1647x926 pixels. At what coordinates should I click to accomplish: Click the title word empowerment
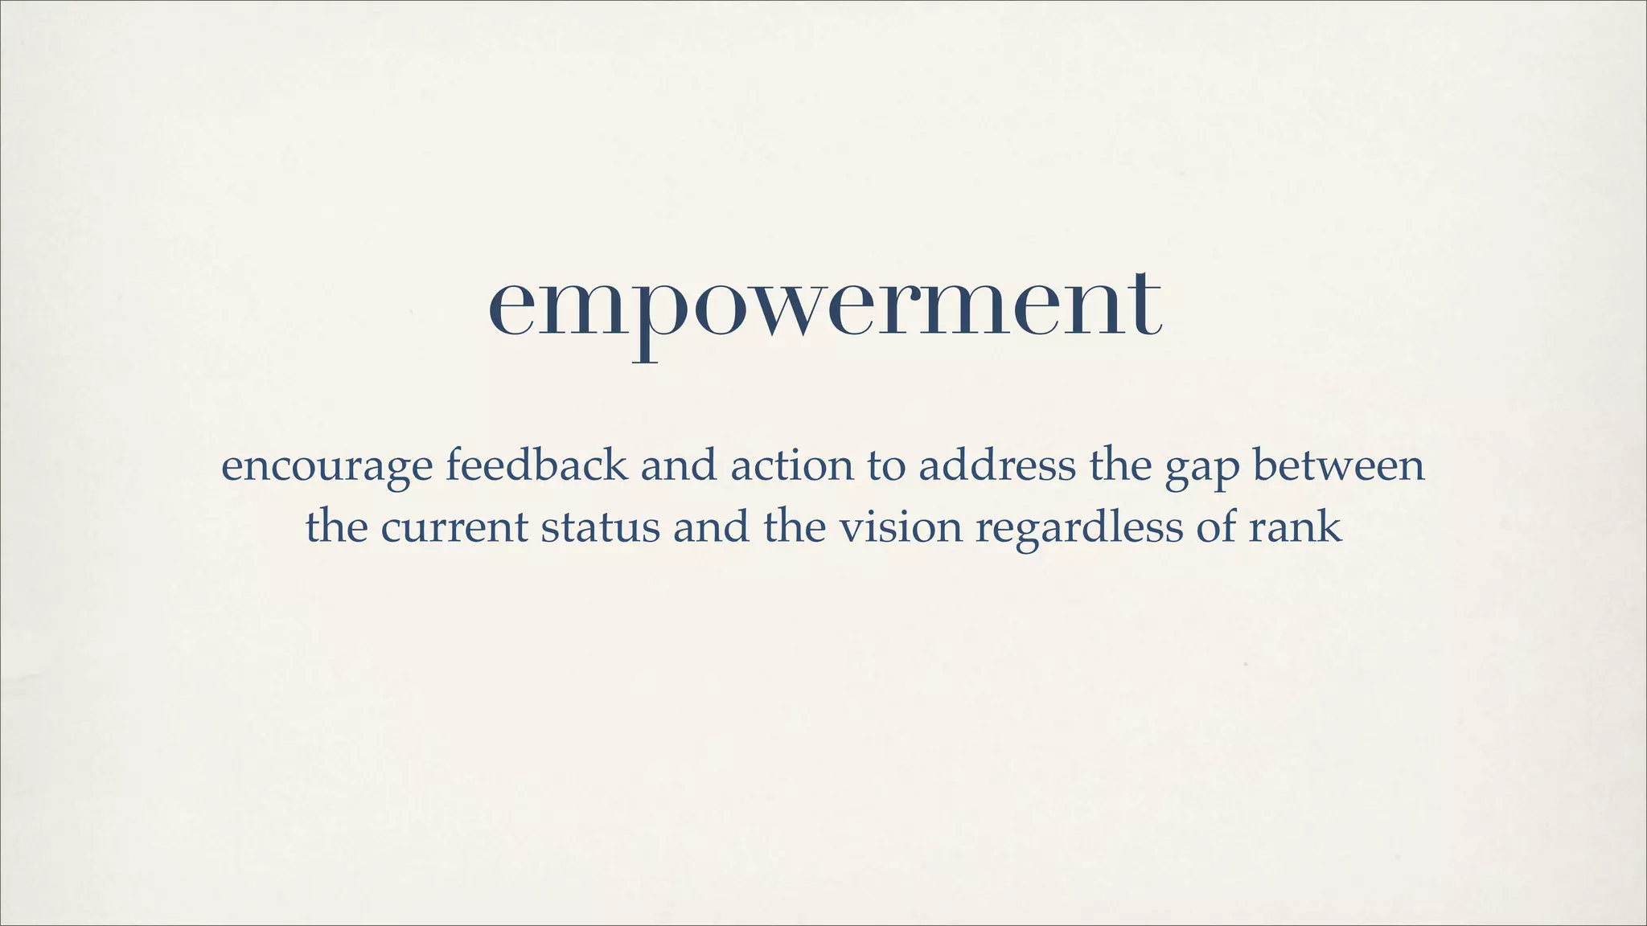click(824, 305)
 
